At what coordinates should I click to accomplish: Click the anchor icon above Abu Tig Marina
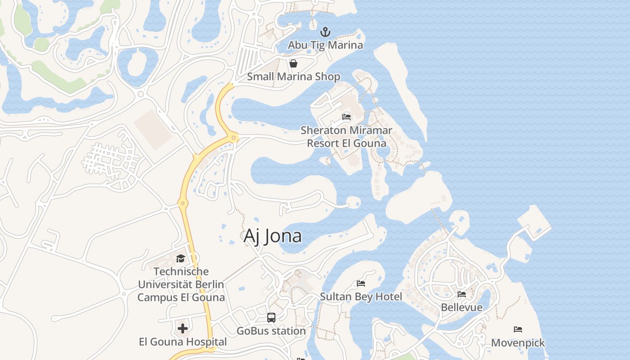pyautogui.click(x=325, y=32)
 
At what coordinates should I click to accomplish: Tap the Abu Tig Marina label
pyautogui.click(x=325, y=45)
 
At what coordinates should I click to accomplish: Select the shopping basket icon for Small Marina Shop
pyautogui.click(x=293, y=63)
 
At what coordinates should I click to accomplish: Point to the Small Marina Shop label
pyautogui.click(x=293, y=76)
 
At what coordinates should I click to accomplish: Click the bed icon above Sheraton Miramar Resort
pyautogui.click(x=346, y=117)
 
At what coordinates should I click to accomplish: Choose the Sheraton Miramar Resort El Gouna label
pyautogui.click(x=346, y=137)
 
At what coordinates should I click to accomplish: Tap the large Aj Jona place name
pyautogui.click(x=273, y=236)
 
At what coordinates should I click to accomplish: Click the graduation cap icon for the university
pyautogui.click(x=180, y=258)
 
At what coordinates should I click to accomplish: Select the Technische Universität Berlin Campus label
pyautogui.click(x=181, y=284)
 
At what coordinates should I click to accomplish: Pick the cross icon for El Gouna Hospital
pyautogui.click(x=183, y=328)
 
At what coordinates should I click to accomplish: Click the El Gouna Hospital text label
pyautogui.click(x=183, y=342)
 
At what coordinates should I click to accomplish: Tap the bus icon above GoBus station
pyautogui.click(x=271, y=318)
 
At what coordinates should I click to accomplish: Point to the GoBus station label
pyautogui.click(x=271, y=331)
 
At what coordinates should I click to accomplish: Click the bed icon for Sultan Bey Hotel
pyautogui.click(x=361, y=283)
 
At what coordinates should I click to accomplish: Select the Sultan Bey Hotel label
pyautogui.click(x=361, y=297)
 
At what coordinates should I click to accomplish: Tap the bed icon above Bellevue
pyautogui.click(x=462, y=294)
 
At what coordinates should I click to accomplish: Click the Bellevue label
pyautogui.click(x=462, y=307)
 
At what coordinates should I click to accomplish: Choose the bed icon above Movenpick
pyautogui.click(x=518, y=329)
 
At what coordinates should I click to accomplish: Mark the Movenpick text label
pyautogui.click(x=518, y=343)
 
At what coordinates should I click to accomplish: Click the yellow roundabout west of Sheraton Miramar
pyautogui.click(x=234, y=137)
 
